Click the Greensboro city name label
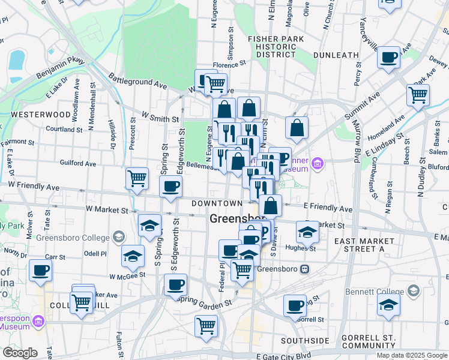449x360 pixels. (x=237, y=219)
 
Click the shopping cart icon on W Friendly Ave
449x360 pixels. (x=137, y=178)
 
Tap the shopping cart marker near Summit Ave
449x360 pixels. (x=418, y=94)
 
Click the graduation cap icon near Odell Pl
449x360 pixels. (x=133, y=256)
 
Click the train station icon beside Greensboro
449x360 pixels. (x=305, y=269)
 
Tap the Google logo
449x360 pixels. (x=20, y=353)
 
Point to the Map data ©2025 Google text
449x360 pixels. (x=412, y=355)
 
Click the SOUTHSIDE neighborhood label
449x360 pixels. (x=305, y=340)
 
